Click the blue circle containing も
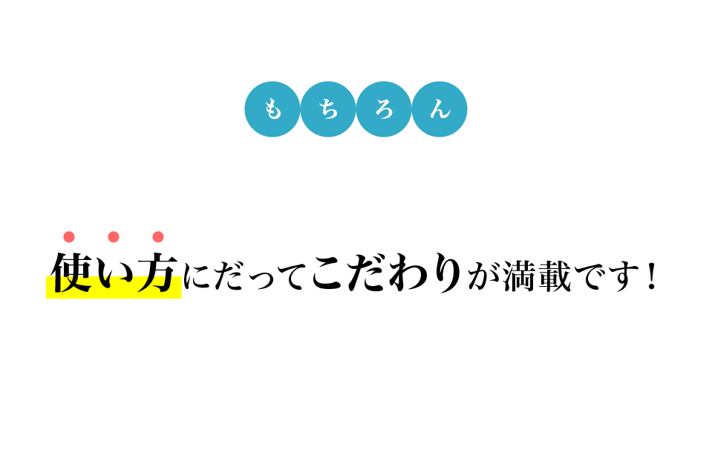(272, 109)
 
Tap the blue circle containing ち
(328, 109)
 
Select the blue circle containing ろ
(384, 109)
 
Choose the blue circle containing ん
(439, 109)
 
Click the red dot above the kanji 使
(69, 237)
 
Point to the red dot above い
(114, 237)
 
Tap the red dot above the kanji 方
(158, 237)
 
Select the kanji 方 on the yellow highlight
(157, 273)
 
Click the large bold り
(447, 273)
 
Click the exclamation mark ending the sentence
(653, 276)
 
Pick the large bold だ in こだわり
(368, 273)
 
